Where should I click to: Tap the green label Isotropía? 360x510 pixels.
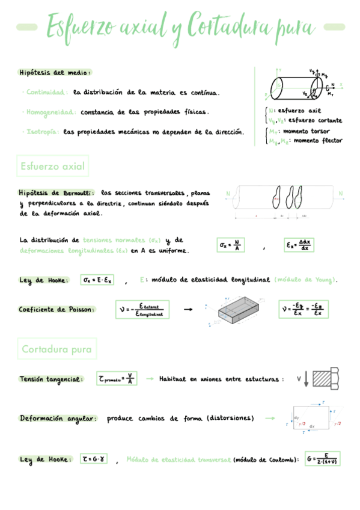pyautogui.click(x=41, y=131)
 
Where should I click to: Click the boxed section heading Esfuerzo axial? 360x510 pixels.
pyautogui.click(x=52, y=166)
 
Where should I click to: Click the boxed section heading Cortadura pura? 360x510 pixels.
pyautogui.click(x=56, y=349)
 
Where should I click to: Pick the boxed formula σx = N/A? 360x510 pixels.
pyautogui.click(x=231, y=245)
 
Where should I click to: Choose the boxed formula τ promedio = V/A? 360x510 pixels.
pyautogui.click(x=117, y=379)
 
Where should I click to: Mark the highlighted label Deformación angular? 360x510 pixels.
pyautogui.click(x=57, y=418)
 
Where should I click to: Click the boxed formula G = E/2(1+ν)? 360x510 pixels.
pyautogui.click(x=322, y=459)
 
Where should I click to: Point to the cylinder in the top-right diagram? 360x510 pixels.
pyautogui.click(x=293, y=88)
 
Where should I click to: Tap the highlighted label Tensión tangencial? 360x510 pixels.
pyautogui.click(x=50, y=379)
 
